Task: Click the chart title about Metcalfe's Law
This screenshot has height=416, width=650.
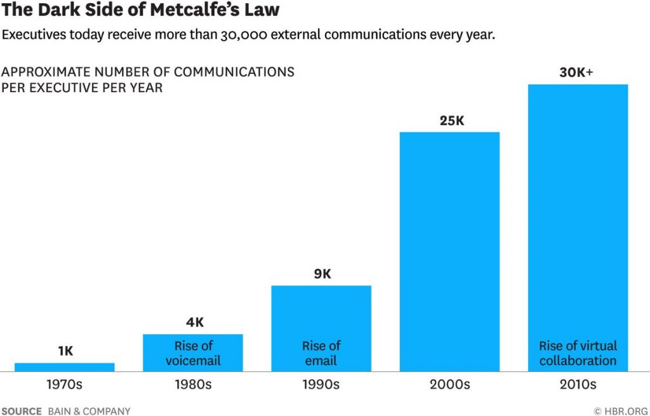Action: click(140, 11)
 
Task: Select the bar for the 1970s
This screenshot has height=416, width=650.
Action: click(65, 366)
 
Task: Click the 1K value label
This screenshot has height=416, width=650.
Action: click(65, 351)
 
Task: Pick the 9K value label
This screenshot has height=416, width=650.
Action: click(322, 274)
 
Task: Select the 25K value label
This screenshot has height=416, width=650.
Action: click(452, 120)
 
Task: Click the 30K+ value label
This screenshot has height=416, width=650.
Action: click(576, 72)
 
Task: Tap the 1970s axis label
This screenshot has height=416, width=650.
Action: click(65, 385)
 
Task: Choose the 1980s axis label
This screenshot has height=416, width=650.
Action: click(193, 385)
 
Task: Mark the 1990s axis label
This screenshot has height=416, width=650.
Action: click(321, 385)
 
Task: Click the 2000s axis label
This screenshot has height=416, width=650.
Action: click(449, 385)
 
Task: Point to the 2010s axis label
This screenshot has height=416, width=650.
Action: click(578, 385)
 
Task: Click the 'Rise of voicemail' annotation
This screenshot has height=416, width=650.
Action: click(193, 353)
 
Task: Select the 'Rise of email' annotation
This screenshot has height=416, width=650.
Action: click(321, 353)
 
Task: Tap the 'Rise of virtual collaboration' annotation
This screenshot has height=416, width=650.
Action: click(578, 353)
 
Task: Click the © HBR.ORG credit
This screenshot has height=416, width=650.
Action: click(621, 411)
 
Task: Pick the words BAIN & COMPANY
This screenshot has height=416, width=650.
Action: click(89, 411)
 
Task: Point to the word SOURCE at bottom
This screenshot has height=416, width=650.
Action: click(22, 411)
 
